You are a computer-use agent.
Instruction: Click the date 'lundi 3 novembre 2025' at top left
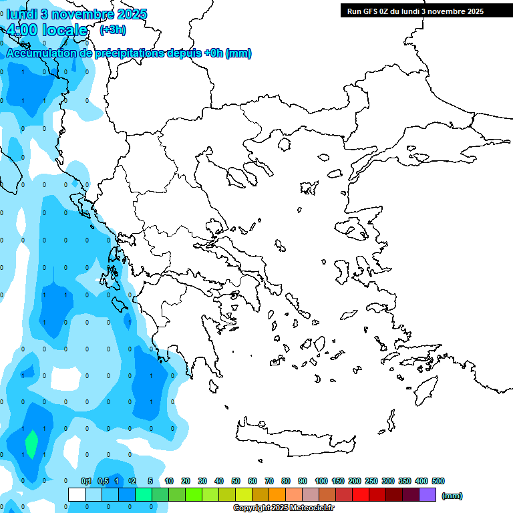tap(77, 14)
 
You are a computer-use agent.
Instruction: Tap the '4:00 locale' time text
tap(47, 30)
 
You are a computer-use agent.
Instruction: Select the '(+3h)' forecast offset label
tap(112, 30)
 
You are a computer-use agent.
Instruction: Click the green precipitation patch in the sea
tap(31, 444)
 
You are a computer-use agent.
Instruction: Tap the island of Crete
tap(294, 438)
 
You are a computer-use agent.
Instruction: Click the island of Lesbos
tap(354, 228)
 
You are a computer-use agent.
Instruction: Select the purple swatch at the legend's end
tap(427, 495)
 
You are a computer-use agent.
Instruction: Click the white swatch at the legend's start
tap(77, 495)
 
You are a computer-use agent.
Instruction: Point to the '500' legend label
tap(438, 481)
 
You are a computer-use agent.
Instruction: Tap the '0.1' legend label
tap(86, 481)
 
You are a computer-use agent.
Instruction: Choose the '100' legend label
tap(321, 481)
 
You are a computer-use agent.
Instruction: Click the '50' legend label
tap(236, 481)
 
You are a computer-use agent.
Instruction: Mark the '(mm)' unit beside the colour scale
tap(452, 496)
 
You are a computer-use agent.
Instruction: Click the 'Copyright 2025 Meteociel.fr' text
tap(283, 508)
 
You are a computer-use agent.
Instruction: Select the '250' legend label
tap(371, 481)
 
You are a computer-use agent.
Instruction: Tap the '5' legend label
tap(150, 481)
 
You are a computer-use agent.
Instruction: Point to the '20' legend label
tap(186, 481)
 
